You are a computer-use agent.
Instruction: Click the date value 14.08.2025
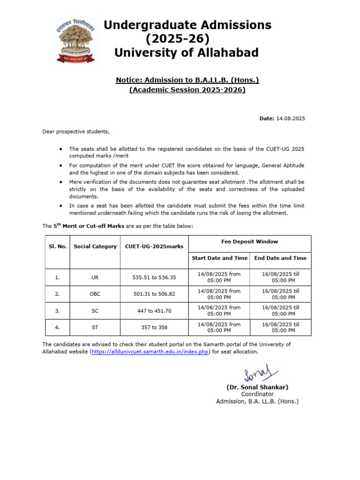290,119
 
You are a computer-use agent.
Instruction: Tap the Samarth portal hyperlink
150,352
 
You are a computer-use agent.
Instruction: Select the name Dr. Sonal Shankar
257,387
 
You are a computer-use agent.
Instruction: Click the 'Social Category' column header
95,247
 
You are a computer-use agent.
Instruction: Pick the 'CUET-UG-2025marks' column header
154,247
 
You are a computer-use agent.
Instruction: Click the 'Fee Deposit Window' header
249,242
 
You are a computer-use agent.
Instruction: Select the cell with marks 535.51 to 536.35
154,277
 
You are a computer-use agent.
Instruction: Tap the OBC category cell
95,294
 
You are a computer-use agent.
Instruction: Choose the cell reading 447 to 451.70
154,311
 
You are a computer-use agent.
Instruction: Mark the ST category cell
95,327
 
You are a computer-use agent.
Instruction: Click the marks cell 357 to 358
154,327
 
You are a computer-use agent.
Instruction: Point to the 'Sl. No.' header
57,247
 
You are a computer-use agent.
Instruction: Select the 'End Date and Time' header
280,258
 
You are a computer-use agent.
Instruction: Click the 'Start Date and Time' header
219,258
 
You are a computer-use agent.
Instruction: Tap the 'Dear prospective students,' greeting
76,131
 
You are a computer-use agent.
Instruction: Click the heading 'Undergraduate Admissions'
187,25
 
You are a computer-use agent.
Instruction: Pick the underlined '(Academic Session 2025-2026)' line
187,90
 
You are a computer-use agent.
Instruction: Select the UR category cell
95,277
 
